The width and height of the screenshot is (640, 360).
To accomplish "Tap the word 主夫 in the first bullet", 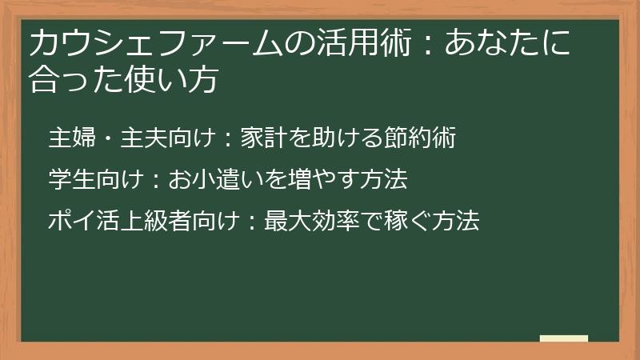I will click(144, 138).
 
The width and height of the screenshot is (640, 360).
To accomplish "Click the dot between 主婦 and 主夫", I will click(108, 139).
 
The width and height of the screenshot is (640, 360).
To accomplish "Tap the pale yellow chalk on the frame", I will click(563, 339).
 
